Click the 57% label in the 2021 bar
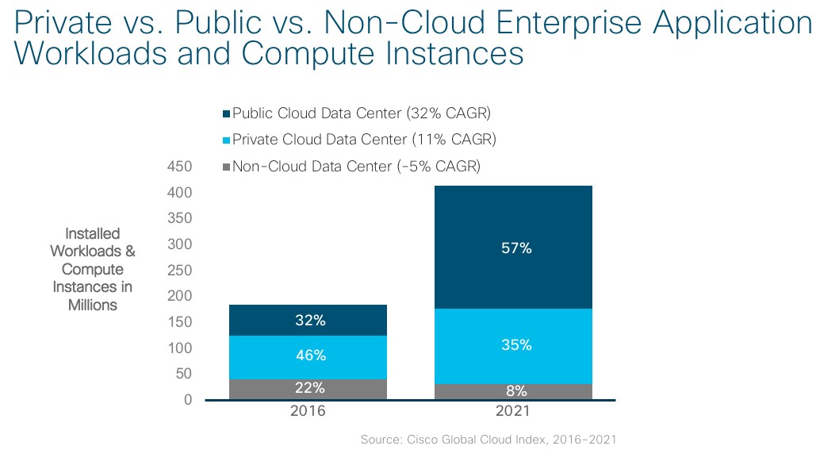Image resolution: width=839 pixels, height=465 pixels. point(515,248)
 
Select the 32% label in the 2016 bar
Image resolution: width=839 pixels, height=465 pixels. point(310,321)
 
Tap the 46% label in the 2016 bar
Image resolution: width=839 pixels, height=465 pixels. point(310,355)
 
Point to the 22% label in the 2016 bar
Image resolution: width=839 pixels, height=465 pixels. point(310,388)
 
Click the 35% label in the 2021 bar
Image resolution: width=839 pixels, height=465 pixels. point(515,345)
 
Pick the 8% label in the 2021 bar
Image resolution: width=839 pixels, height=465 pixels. point(515,390)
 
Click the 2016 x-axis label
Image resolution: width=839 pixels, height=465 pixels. point(308,413)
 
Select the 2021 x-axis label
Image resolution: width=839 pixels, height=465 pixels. point(512,413)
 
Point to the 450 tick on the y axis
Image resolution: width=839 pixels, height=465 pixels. point(182,167)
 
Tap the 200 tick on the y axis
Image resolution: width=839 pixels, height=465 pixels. point(182,296)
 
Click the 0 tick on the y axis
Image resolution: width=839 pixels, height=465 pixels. point(188,400)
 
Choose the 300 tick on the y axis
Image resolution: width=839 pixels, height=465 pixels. point(182,244)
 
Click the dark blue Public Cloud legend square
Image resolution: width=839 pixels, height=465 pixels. point(226,113)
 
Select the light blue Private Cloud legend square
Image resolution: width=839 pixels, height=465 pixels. point(226,140)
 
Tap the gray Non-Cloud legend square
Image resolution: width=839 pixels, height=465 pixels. point(226,167)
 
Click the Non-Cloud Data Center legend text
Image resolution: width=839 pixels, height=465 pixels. point(356,167)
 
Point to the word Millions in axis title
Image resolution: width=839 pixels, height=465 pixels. point(93,305)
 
